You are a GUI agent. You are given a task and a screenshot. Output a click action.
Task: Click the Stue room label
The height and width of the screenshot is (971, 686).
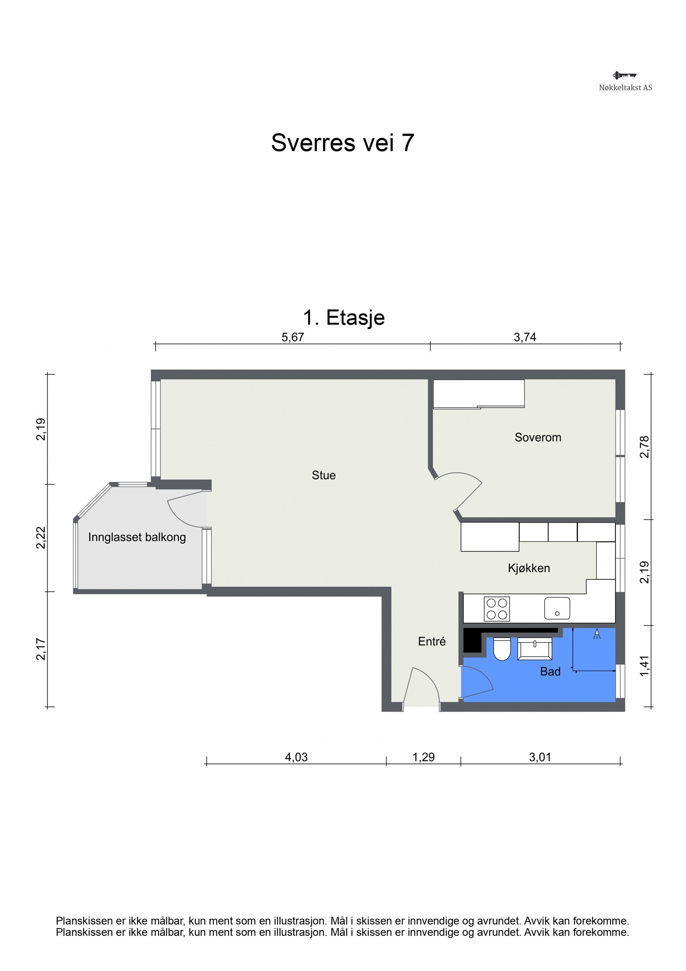click(323, 475)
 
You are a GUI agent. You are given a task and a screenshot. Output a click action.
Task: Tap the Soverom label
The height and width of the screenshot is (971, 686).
click(538, 438)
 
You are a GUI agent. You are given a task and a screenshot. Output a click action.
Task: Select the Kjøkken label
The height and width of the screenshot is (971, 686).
click(529, 568)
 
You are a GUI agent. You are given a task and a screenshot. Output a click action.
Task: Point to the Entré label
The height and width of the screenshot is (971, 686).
click(432, 641)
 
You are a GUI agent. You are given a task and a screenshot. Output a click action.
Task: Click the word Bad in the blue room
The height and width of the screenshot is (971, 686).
click(550, 672)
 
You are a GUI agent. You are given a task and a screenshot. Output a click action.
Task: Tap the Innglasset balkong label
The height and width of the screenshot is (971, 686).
click(137, 537)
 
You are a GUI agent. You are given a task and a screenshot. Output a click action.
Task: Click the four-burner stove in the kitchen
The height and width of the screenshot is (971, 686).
click(497, 608)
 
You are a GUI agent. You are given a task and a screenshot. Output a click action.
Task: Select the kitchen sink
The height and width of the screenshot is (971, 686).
click(557, 608)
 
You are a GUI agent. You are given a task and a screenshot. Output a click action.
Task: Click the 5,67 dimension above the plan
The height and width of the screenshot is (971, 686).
click(292, 337)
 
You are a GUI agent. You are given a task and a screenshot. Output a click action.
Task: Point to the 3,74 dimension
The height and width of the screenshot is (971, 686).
click(525, 337)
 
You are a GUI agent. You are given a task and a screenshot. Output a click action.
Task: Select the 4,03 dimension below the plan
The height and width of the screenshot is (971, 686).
click(296, 757)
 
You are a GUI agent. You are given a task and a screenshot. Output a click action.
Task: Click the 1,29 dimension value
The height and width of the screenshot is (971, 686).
click(424, 757)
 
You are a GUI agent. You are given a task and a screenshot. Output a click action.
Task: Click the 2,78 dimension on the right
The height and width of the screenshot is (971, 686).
click(644, 447)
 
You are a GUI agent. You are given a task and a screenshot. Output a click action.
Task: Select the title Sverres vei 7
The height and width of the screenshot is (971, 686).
click(343, 142)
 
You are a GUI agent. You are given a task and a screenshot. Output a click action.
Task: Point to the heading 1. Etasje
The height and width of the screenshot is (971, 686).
click(344, 318)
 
